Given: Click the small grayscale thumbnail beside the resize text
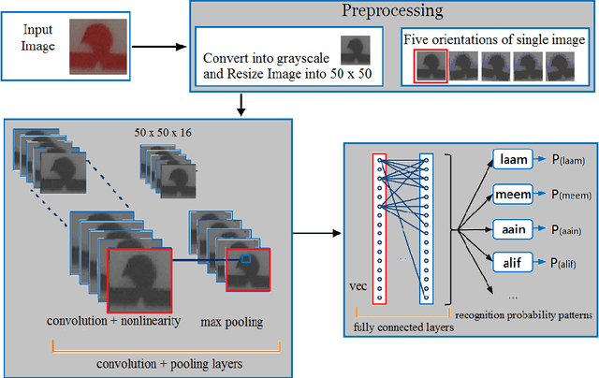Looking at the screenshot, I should coord(353,49).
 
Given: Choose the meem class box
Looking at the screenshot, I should coord(514,194).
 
